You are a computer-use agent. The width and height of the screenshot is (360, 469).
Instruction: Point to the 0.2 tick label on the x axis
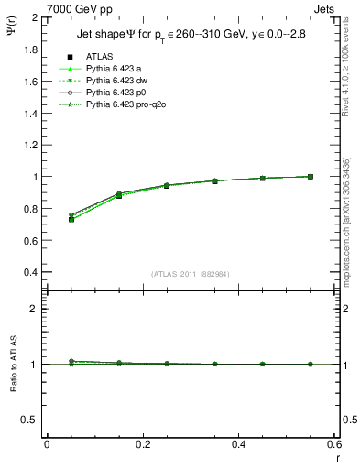point(143,443)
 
